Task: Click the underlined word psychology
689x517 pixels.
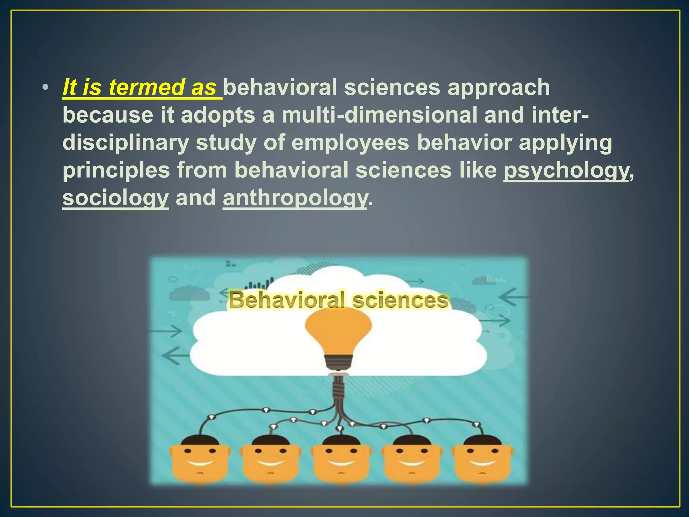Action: point(566,170)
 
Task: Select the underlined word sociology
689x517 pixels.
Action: point(115,198)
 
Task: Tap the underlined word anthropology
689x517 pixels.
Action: point(295,198)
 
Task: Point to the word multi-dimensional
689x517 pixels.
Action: point(379,115)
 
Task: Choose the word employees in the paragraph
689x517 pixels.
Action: point(350,143)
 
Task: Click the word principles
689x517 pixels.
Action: point(116,170)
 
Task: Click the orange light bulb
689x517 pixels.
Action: point(338,333)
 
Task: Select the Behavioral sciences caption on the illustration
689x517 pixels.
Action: point(338,300)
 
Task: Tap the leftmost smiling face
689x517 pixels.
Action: point(200,459)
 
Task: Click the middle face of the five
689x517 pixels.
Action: point(341,459)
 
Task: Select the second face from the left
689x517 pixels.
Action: point(270,459)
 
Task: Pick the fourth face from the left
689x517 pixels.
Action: point(412,459)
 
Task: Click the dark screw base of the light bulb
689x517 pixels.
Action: point(338,362)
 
